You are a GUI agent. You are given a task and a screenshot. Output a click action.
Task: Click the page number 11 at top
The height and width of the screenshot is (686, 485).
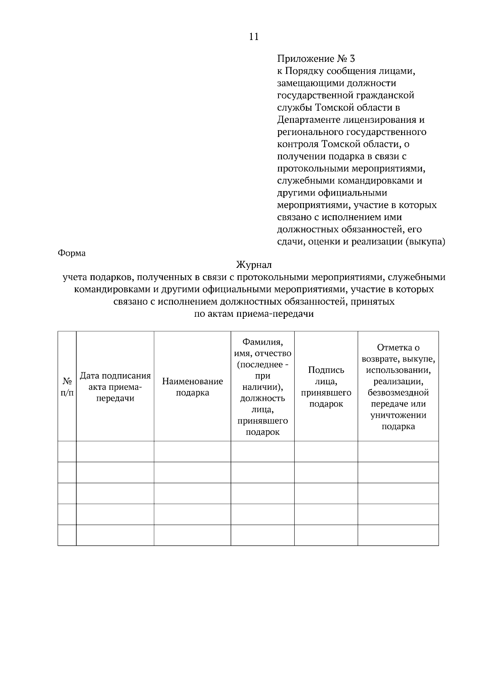pyautogui.click(x=254, y=37)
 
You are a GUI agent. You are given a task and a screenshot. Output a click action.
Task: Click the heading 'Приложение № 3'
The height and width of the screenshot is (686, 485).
pyautogui.click(x=316, y=59)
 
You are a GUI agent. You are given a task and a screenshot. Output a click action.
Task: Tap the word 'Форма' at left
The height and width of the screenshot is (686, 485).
pyautogui.click(x=72, y=253)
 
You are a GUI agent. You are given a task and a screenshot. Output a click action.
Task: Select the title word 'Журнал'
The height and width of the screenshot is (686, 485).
pyautogui.click(x=254, y=265)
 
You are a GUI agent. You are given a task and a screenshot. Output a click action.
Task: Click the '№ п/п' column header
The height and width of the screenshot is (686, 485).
pyautogui.click(x=67, y=387)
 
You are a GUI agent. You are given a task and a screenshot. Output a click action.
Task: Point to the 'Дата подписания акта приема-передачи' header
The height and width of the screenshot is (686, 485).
pyautogui.click(x=115, y=387)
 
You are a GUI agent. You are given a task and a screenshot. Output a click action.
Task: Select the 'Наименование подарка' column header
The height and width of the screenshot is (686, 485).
pyautogui.click(x=192, y=387)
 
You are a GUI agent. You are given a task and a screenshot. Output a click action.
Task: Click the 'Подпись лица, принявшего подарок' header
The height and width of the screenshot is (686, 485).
pyautogui.click(x=326, y=387)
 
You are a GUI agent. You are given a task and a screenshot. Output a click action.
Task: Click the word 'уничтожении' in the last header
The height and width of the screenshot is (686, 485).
pyautogui.click(x=398, y=415)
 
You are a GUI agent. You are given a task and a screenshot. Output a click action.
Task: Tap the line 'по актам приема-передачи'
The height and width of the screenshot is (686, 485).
pyautogui.click(x=254, y=314)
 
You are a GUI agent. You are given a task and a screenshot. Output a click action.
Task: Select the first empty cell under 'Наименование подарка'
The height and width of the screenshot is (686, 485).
pyautogui.click(x=192, y=451)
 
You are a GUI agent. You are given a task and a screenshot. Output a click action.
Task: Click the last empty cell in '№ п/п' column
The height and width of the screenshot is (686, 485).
pyautogui.click(x=67, y=535)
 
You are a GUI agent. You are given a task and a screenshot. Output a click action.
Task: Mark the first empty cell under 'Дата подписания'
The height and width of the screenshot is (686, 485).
pyautogui.click(x=115, y=451)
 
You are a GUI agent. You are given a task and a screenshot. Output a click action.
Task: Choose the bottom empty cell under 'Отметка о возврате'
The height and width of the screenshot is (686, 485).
pyautogui.click(x=398, y=535)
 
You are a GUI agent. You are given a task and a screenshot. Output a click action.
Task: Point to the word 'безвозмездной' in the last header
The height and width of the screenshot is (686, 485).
pyautogui.click(x=398, y=393)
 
